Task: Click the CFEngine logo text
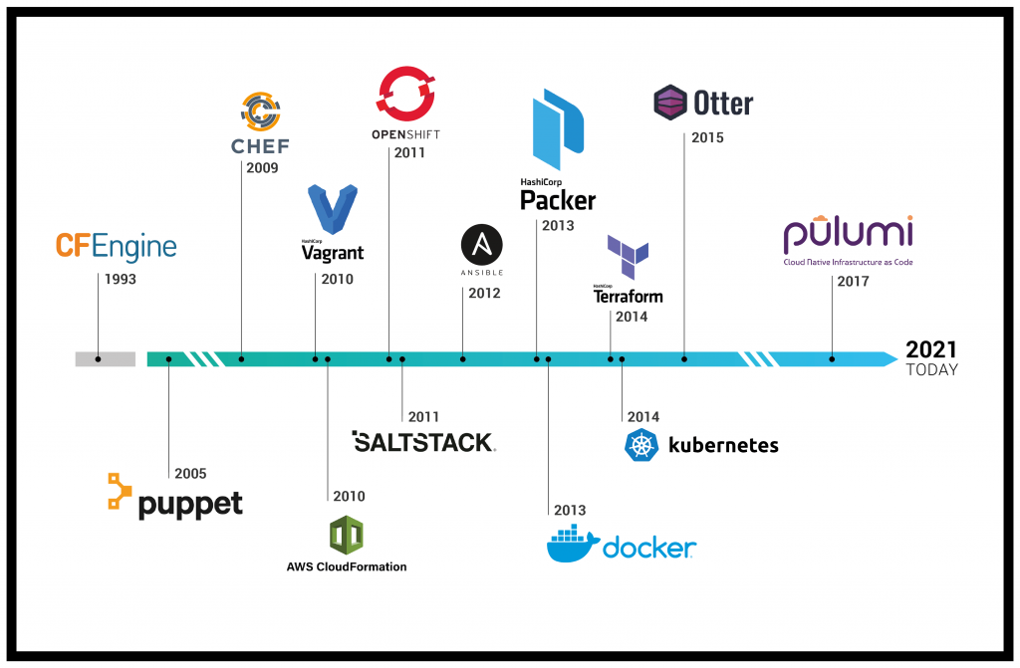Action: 117,246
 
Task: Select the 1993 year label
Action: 120,280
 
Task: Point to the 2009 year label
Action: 262,168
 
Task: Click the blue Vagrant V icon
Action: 332,210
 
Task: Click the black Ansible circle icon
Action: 482,244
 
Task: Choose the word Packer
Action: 558,200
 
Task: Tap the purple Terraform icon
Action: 628,258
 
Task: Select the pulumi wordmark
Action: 848,235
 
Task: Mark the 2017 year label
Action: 853,282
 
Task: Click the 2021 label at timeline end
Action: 931,349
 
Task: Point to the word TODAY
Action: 931,370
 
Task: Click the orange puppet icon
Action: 120,493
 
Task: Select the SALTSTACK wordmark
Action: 424,442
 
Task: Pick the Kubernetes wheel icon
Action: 641,445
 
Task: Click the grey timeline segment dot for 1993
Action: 98,358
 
